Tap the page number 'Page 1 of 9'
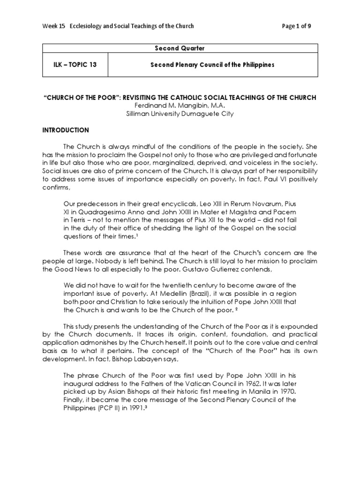[296, 26]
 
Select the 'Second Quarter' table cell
[180, 48]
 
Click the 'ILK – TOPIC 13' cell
[75, 65]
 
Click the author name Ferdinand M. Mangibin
[180, 105]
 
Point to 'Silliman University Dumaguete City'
[180, 114]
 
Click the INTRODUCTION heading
[66, 130]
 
